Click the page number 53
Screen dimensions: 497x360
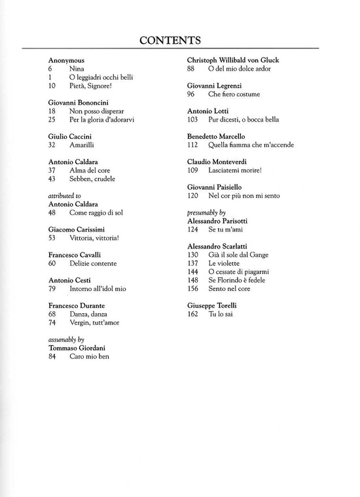pos(52,238)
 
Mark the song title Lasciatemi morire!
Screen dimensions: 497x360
pos(235,171)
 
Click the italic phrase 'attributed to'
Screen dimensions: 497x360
pos(64,195)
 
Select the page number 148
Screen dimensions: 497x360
pos(192,280)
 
